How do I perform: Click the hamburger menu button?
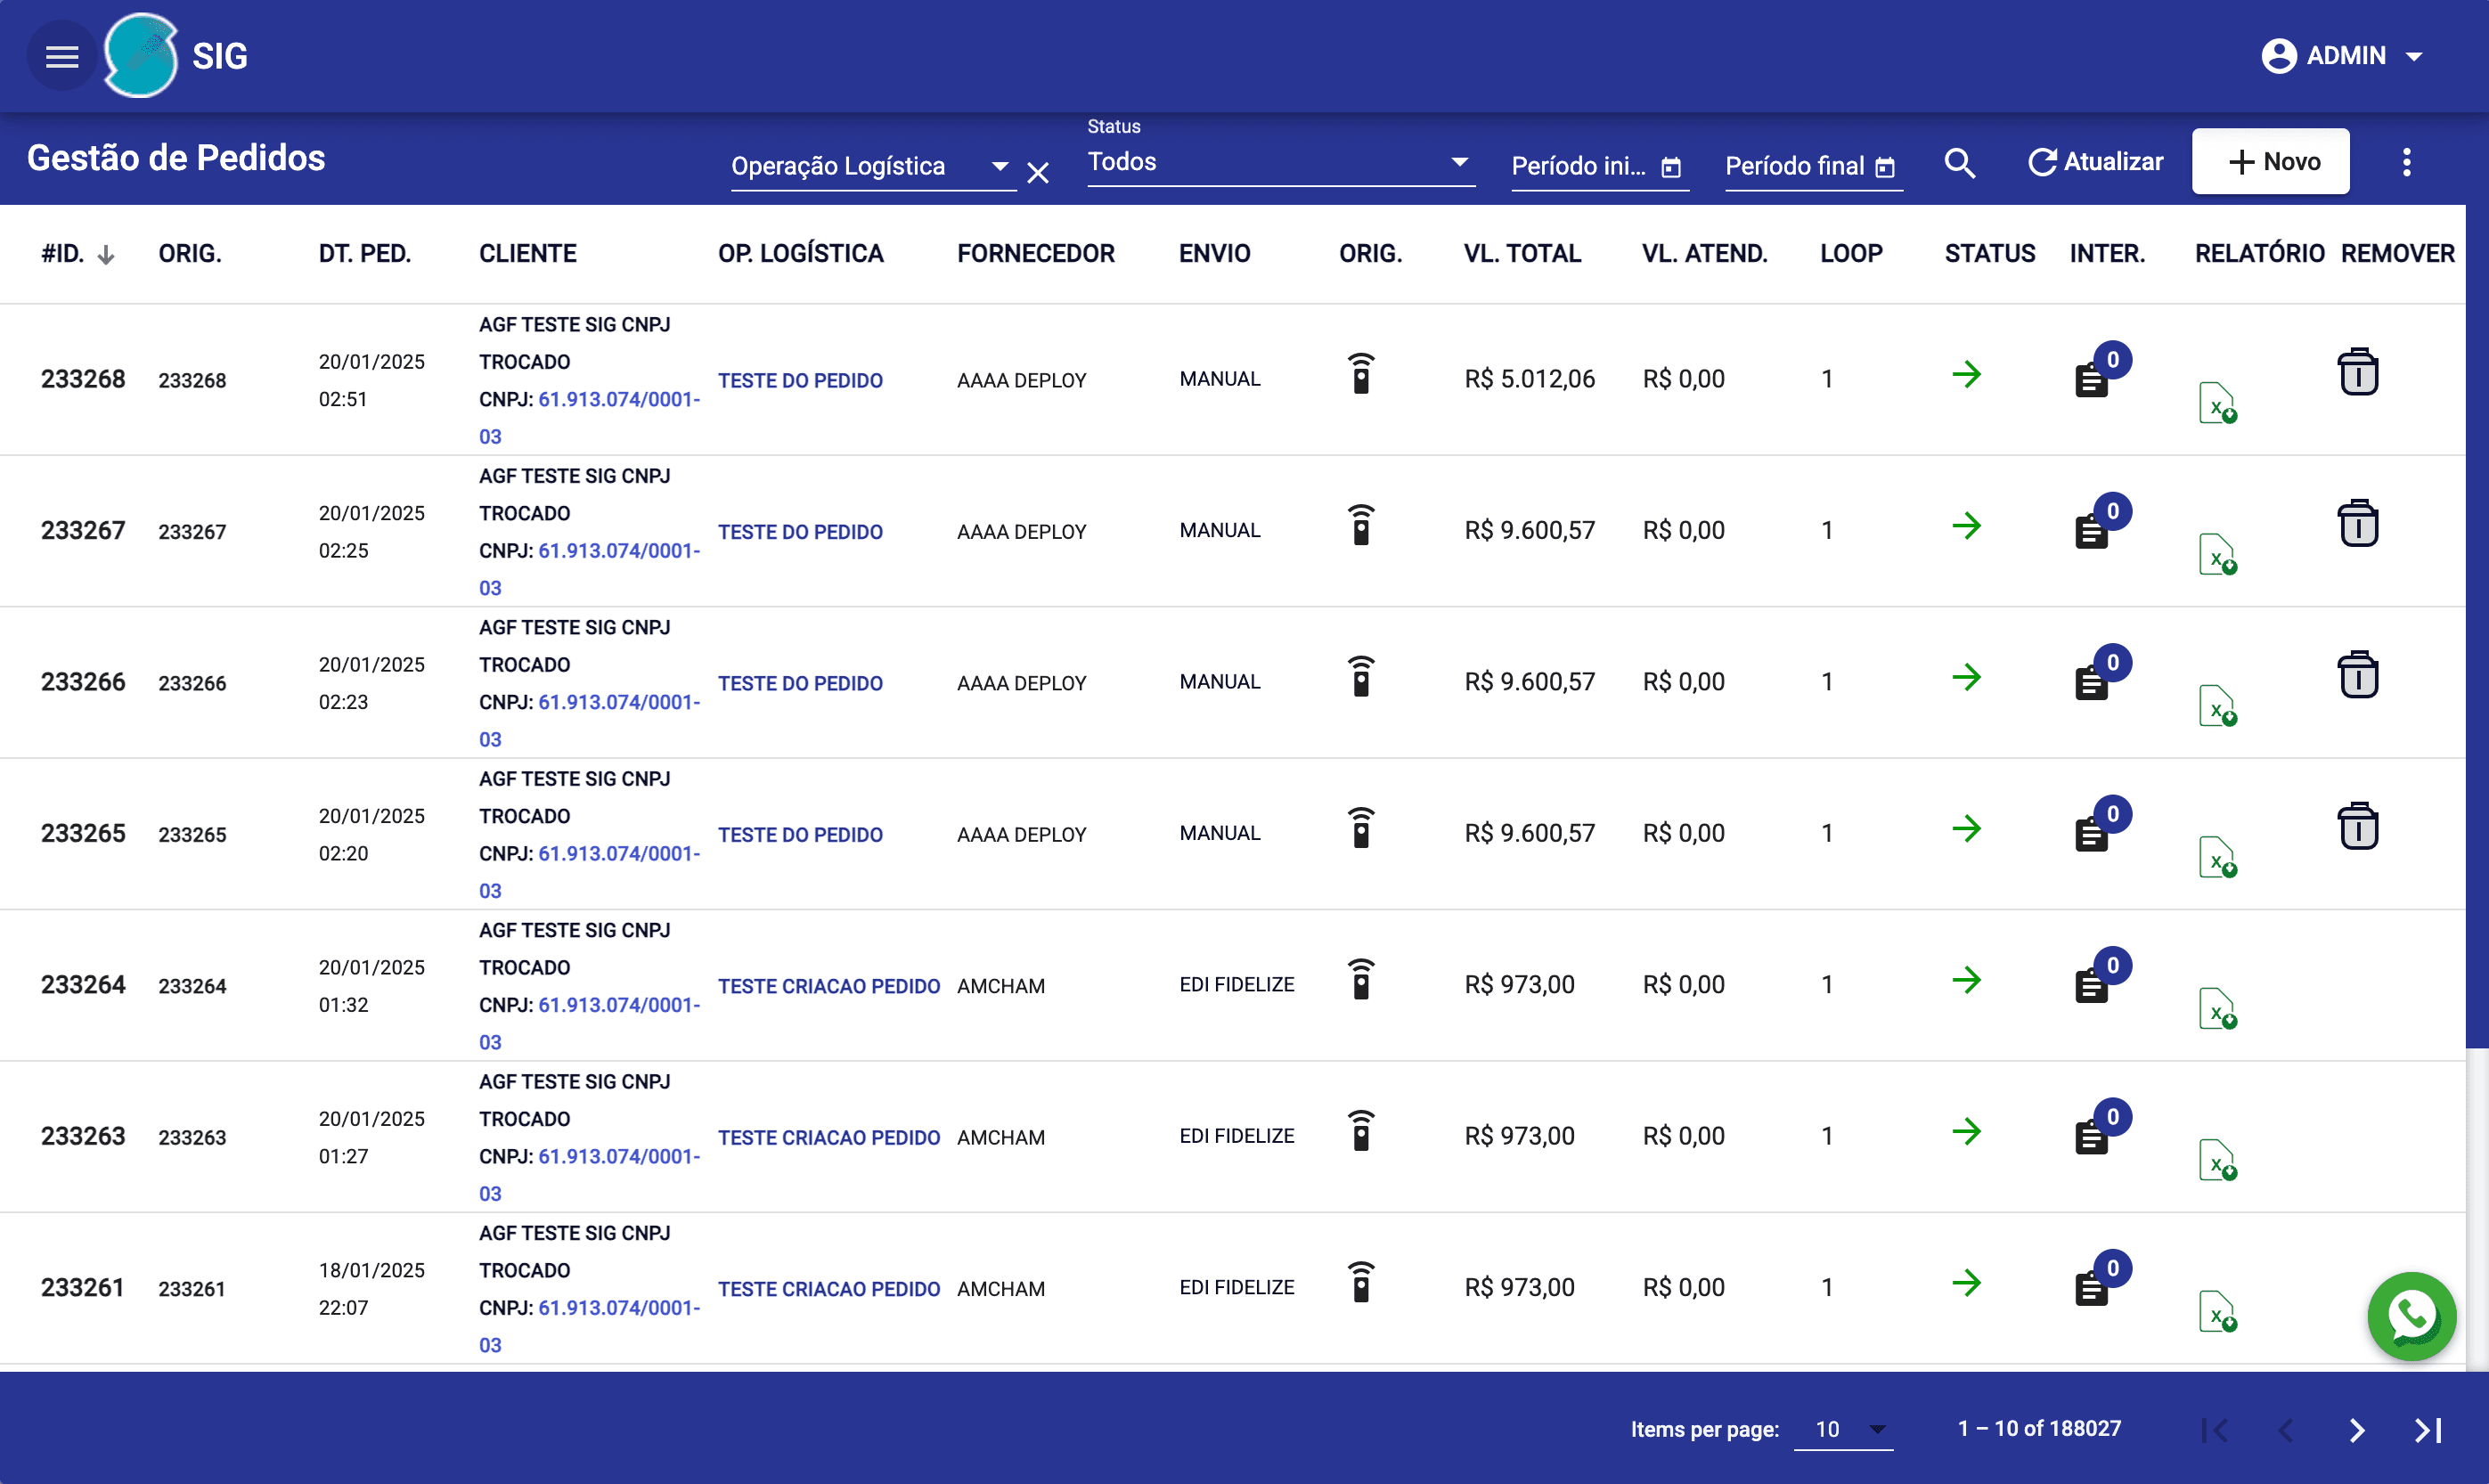coord(62,57)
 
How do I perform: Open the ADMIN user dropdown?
coord(2341,56)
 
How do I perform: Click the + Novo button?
coord(2270,162)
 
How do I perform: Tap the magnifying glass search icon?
coord(1959,163)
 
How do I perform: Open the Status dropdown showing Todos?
coord(1279,162)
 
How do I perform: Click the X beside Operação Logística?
coord(1038,173)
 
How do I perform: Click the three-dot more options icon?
coord(2406,162)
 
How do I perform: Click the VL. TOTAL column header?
coord(1522,254)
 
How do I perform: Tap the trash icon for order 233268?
coord(2357,373)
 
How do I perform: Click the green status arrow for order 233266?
coord(1966,678)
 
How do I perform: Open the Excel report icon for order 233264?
coord(2216,1008)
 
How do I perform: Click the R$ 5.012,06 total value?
coord(1529,379)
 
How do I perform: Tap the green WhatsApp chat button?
coord(2411,1316)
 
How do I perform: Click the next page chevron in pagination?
coord(2356,1430)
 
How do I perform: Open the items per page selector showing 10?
coord(1842,1430)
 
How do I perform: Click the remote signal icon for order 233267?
coord(1361,526)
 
